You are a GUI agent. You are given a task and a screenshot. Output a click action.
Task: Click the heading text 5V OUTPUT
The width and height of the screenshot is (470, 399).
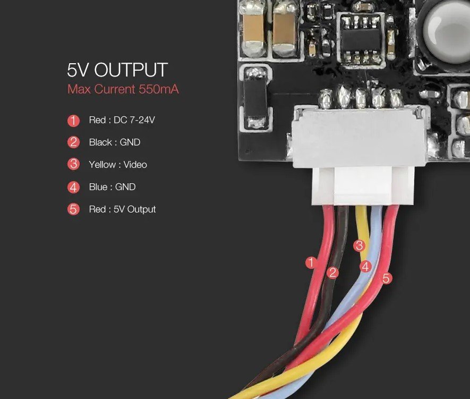117,70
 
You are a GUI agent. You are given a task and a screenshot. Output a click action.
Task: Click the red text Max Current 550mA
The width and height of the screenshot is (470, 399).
123,89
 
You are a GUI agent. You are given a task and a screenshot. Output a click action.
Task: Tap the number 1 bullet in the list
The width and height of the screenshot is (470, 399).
73,121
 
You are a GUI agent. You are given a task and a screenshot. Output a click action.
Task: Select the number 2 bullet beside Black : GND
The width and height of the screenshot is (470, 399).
73,142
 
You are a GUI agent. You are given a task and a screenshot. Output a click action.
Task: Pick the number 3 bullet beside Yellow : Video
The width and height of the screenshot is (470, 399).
73,165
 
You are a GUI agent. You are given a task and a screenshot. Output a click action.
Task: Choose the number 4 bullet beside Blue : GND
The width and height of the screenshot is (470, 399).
73,187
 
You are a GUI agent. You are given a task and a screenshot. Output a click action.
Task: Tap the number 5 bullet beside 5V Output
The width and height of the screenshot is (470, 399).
73,209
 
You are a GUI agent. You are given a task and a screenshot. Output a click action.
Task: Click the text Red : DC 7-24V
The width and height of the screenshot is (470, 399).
122,121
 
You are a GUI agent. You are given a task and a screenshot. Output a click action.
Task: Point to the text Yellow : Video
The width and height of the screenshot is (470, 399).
118,165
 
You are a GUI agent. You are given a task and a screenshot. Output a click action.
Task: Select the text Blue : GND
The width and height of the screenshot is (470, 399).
112,187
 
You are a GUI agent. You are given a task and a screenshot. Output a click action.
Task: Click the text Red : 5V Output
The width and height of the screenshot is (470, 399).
122,209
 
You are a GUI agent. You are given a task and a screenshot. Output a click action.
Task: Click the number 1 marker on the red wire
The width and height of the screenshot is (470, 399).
312,262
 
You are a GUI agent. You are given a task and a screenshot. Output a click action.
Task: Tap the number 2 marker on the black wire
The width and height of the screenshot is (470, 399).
333,273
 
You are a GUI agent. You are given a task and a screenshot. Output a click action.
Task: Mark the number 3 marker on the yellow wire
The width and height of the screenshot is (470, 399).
360,246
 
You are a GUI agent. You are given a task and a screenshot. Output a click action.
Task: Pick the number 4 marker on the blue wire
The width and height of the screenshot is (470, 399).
365,267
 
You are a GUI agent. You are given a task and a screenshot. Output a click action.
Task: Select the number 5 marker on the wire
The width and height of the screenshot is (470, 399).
386,278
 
